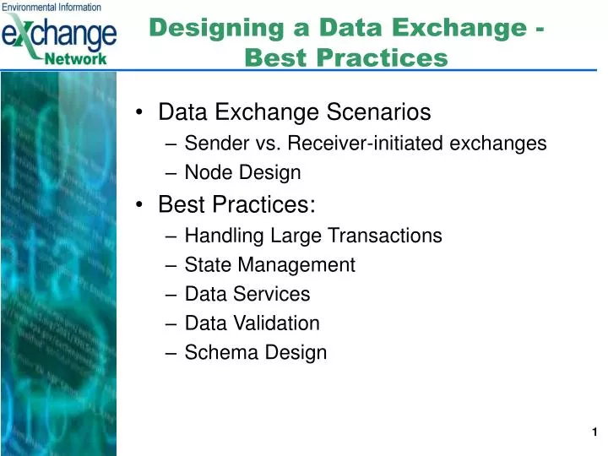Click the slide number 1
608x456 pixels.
[x=594, y=432]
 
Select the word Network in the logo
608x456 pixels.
[x=78, y=58]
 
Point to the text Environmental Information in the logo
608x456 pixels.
[x=52, y=7]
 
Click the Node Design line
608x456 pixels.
[x=242, y=173]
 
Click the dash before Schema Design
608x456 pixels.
[x=174, y=353]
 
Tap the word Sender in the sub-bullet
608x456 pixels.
[x=212, y=144]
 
